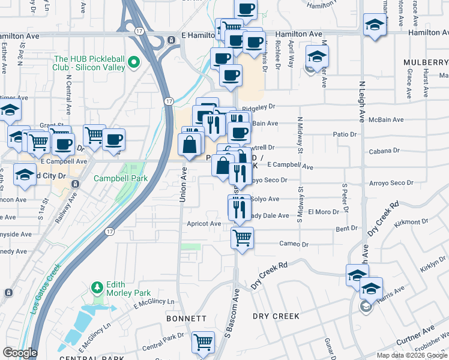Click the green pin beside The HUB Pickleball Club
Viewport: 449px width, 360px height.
point(134,62)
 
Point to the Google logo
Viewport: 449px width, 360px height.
point(20,353)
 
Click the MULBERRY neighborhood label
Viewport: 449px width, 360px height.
point(426,62)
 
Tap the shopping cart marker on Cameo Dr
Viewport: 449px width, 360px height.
point(243,237)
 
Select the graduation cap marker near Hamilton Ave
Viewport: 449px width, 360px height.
point(375,26)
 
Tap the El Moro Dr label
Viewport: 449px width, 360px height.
point(324,212)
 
